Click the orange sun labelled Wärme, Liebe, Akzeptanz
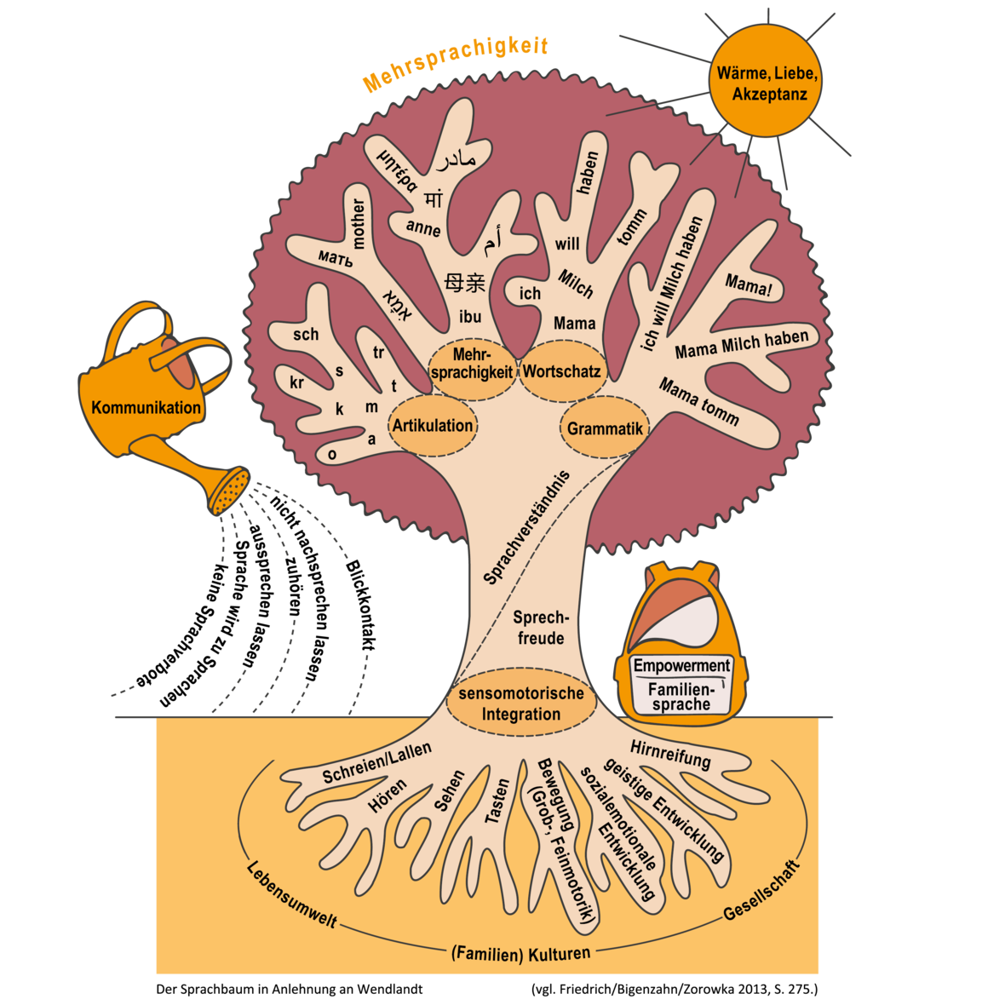766,82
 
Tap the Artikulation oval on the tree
433,426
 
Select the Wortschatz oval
562,371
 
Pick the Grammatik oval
605,428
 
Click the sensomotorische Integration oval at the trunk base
521,703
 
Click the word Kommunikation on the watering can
146,408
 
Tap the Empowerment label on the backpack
681,665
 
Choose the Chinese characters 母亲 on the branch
465,282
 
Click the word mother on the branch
358,224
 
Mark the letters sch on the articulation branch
306,334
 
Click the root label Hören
388,795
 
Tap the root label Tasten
497,801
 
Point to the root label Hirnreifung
670,755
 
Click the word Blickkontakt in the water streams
359,605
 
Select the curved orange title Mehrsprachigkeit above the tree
455,64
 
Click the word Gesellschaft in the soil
762,891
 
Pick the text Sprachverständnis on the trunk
526,527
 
